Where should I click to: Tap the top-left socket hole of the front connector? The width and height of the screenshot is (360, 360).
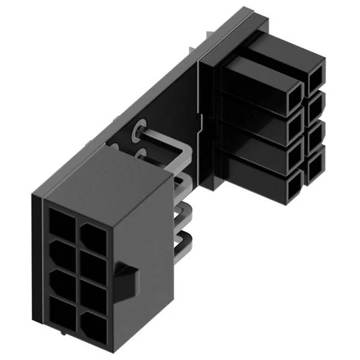pyautogui.click(x=62, y=221)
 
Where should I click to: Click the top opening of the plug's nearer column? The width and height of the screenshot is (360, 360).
pyautogui.click(x=293, y=97)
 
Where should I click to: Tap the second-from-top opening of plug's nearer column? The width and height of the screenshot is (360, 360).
pyautogui.click(x=293, y=127)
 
